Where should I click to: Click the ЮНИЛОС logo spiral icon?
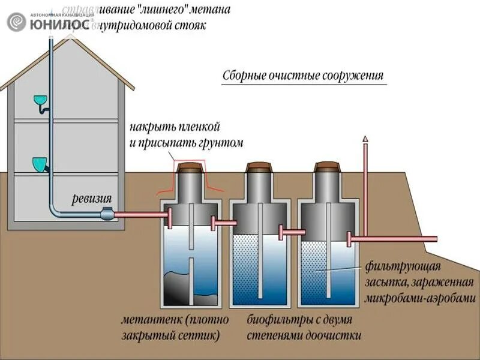point(16,22)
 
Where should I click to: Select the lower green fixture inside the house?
point(40,163)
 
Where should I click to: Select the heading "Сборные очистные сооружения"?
point(302,76)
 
